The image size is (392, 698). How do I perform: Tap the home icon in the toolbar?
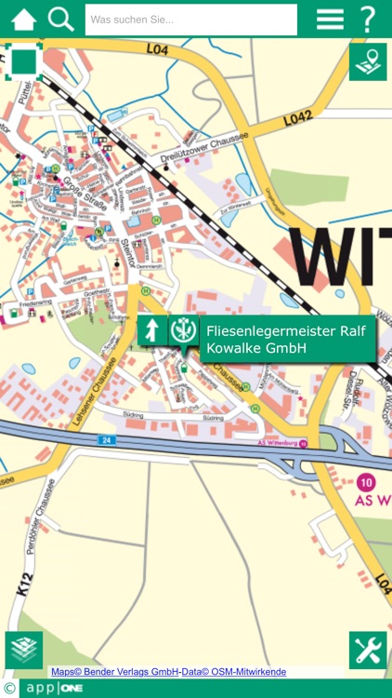coord(24,19)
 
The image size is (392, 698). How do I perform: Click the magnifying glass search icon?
coord(61,19)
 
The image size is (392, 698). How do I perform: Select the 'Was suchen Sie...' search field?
coord(190,20)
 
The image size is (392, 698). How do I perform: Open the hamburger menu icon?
coord(329,19)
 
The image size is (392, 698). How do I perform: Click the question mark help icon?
coord(369,19)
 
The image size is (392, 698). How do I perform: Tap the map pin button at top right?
coord(368,62)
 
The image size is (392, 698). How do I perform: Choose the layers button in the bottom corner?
coord(24,650)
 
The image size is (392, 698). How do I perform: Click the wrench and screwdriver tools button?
coord(368,650)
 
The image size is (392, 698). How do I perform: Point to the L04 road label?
coord(157,49)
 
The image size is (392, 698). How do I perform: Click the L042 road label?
coord(297,118)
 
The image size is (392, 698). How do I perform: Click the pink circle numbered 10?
coord(366,482)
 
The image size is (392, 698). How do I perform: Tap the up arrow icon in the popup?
coord(152,329)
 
